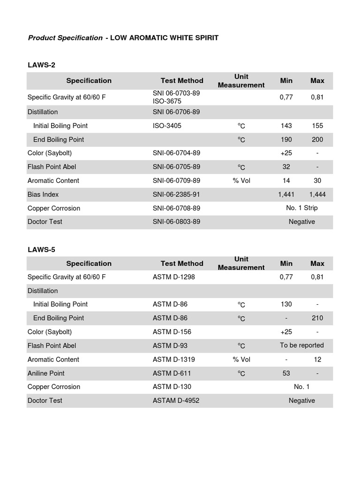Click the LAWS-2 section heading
tap(42, 65)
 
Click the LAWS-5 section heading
tap(42, 249)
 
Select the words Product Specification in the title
tap(65, 37)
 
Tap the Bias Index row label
tap(43, 194)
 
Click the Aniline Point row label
tap(46, 373)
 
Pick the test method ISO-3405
tap(167, 126)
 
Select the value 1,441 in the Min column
tap(286, 194)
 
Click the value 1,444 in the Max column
tap(317, 194)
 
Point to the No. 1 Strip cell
tap(301, 208)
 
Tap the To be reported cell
tap(301, 345)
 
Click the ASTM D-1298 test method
tap(173, 277)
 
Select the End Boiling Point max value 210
tap(317, 318)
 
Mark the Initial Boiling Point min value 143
tap(286, 126)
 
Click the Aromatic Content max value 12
tap(317, 360)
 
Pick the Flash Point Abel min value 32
tap(286, 167)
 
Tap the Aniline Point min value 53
tap(286, 373)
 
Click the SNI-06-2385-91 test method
tap(176, 194)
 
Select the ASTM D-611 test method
tap(172, 373)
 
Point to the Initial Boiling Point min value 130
tap(286, 304)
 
